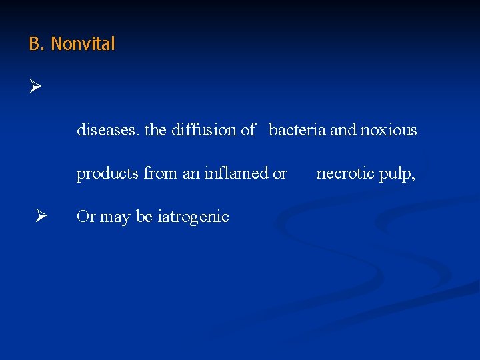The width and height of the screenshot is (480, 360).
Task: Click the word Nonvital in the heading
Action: [83, 44]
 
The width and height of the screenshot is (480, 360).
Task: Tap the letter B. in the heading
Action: [37, 44]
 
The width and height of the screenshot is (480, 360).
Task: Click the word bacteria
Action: [297, 130]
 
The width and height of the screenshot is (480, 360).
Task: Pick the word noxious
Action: [389, 130]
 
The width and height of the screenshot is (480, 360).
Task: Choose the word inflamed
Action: [237, 173]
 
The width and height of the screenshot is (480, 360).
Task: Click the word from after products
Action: [161, 173]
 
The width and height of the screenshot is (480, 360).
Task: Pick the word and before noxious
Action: [343, 130]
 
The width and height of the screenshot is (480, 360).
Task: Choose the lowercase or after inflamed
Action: [280, 174]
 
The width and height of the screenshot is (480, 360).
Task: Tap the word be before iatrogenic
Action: [143, 217]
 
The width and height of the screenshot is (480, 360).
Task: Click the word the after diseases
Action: [155, 130]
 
